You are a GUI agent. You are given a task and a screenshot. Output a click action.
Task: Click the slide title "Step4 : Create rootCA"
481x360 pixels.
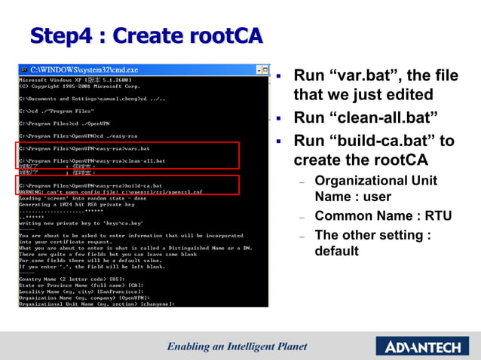[x=146, y=35]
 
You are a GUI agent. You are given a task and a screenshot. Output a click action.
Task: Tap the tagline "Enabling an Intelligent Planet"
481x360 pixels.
[x=237, y=346]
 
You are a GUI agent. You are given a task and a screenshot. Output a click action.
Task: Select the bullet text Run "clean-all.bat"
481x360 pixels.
[x=366, y=117]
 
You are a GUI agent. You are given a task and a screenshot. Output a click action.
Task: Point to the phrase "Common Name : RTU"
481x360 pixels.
[x=383, y=216]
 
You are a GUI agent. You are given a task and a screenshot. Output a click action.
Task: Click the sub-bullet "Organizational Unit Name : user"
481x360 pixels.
[x=375, y=188]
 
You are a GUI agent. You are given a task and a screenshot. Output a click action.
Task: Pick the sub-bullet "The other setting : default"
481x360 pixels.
[x=372, y=243]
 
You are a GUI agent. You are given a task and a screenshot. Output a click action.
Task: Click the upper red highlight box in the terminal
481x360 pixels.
[x=129, y=155]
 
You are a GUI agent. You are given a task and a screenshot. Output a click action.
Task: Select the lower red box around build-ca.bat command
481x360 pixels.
[x=129, y=185]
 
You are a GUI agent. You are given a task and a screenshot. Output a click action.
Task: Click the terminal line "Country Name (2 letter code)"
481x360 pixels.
[x=75, y=278]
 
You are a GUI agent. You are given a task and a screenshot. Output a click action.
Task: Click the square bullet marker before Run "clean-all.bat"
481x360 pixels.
[x=278, y=118]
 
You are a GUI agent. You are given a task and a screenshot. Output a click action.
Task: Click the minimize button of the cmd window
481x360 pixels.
[x=259, y=70]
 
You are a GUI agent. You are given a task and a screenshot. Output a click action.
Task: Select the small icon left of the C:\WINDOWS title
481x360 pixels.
[x=23, y=70]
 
